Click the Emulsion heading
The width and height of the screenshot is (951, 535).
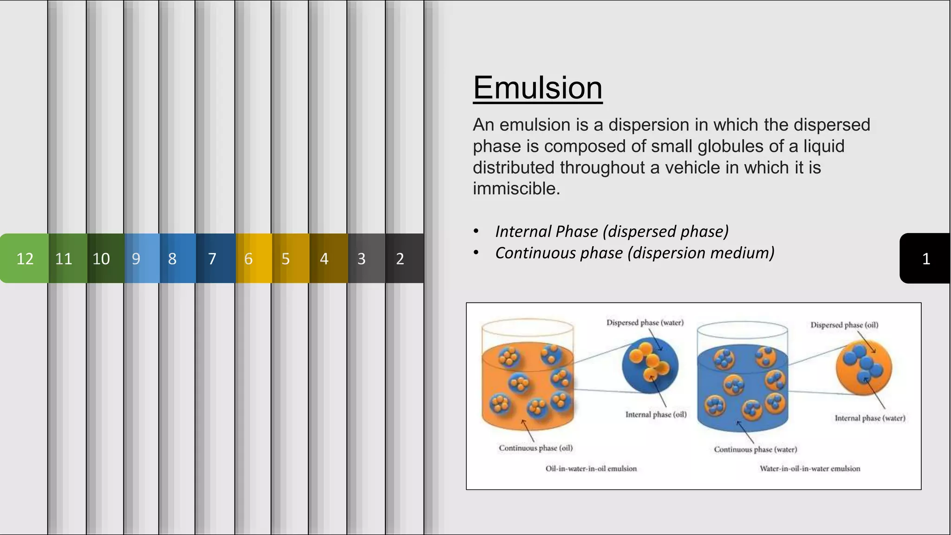537,88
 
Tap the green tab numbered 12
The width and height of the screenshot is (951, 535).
25,258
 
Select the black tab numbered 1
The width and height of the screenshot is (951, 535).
925,258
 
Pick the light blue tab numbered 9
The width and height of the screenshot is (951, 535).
136,258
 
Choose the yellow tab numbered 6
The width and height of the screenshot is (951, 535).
249,258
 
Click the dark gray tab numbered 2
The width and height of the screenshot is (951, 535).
400,258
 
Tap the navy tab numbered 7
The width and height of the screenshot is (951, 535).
212,258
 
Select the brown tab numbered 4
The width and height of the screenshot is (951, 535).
324,258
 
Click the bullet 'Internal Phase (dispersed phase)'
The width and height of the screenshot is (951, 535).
612,231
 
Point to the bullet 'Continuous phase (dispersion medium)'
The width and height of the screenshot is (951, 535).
634,253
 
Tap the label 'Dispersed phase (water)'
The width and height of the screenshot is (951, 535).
645,322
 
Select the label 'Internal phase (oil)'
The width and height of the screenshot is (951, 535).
656,414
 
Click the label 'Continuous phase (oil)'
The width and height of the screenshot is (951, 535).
535,448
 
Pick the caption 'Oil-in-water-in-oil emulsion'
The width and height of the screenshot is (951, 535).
591,469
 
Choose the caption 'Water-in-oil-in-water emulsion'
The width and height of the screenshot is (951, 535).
809,469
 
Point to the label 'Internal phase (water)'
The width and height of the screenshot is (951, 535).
870,418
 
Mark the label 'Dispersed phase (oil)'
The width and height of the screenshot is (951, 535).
844,325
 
